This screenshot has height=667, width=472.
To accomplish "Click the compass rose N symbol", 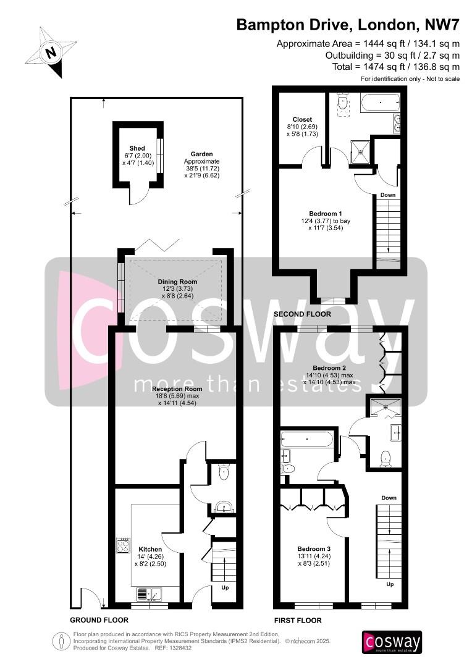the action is point(51,52).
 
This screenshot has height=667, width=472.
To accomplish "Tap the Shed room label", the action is point(137,148).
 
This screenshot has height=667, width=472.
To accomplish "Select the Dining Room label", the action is point(177,282).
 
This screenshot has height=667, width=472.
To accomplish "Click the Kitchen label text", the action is point(150,549).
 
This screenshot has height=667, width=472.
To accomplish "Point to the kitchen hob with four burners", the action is point(124,545).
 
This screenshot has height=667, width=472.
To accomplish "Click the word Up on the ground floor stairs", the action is point(225,587).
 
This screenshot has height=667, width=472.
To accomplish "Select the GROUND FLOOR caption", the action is point(99,620).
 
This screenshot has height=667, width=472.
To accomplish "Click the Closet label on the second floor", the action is point(302,120).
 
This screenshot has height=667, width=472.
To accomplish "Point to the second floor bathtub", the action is point(380,103).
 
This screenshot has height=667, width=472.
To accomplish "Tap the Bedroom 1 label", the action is point(326,214).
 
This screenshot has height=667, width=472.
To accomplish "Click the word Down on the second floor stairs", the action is point(388,195).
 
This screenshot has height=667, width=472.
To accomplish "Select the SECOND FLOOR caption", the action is point(302,314).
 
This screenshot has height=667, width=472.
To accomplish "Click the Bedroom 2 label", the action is point(329,368).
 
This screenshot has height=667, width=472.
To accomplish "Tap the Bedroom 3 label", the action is point(314,549).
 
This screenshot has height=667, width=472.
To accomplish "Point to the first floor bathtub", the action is point(307,439).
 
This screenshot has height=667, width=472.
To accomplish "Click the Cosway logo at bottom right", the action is point(392,642).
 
